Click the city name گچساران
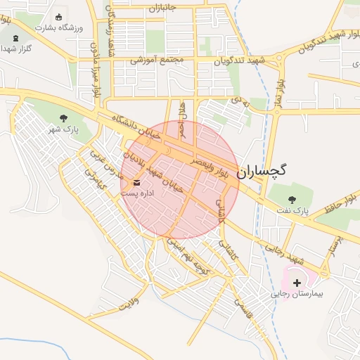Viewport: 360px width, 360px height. pyautogui.click(x=262, y=169)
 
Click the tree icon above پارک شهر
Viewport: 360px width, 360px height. pyautogui.click(x=64, y=118)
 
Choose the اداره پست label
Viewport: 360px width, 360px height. pyautogui.click(x=136, y=192)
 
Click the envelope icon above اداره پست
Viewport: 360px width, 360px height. pyautogui.click(x=136, y=182)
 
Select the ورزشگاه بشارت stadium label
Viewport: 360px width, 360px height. pyautogui.click(x=58, y=27)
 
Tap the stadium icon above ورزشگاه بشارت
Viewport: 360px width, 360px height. pyautogui.click(x=58, y=15)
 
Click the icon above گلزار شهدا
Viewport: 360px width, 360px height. pyautogui.click(x=15, y=37)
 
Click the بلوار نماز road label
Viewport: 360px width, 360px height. pyautogui.click(x=279, y=93)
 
